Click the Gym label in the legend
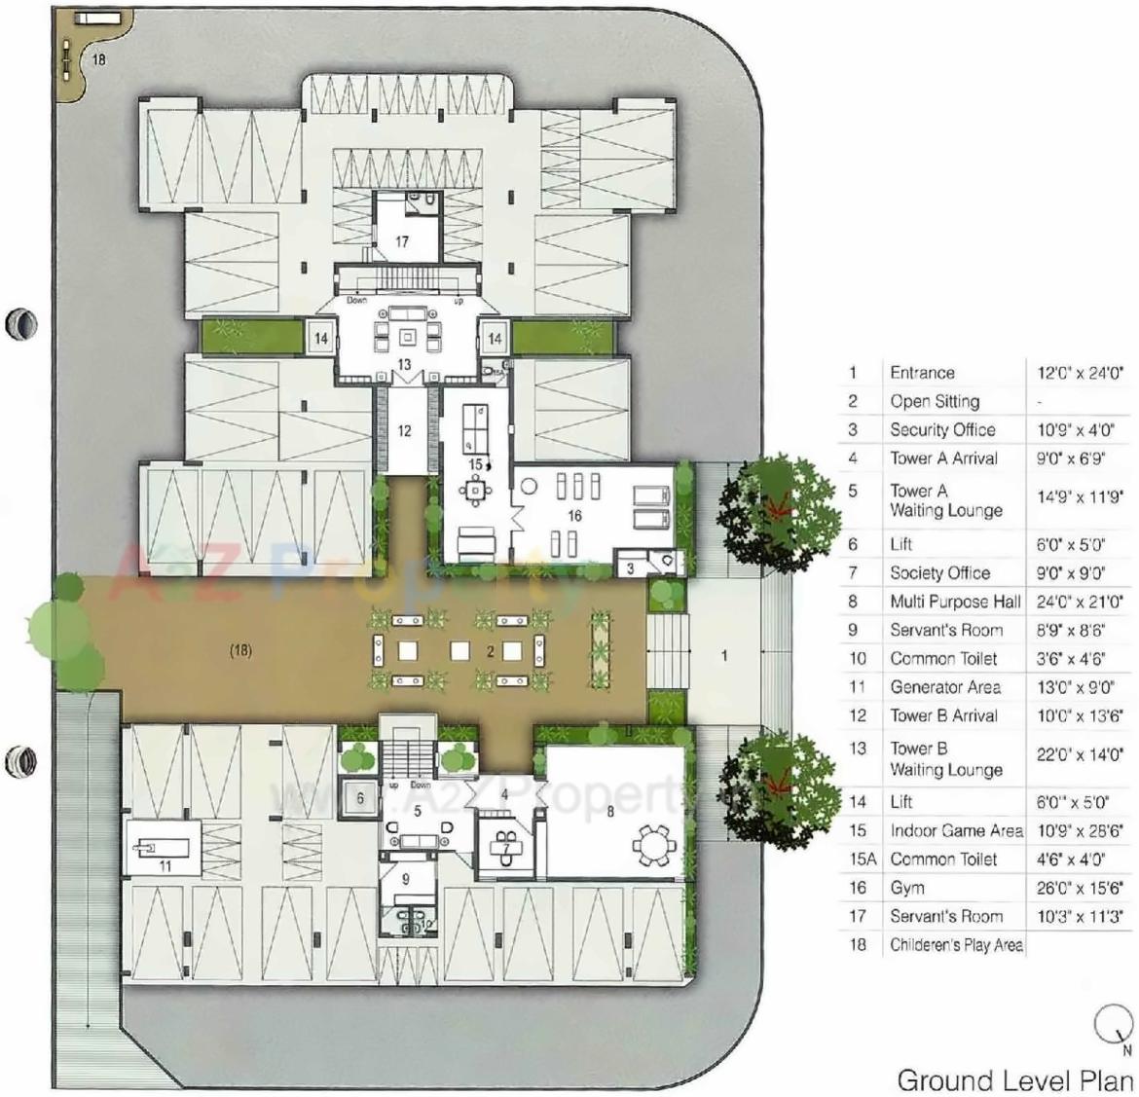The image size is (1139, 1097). coord(907,888)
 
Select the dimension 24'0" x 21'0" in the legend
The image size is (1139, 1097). coord(1080,602)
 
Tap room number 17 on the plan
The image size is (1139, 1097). coord(402,241)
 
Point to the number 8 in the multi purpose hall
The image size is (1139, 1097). coord(610,811)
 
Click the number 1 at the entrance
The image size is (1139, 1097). coord(723,655)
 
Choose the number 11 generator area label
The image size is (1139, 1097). coord(165,864)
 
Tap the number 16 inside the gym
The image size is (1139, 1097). coord(574,515)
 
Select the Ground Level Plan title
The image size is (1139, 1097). coord(1015,1079)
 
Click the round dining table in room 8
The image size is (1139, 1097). coord(651,843)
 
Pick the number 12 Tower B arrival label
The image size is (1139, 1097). coord(405,430)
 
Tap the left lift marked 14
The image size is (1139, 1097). coord(320,339)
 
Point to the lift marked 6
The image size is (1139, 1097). coord(360,798)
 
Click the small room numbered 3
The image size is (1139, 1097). coord(631,568)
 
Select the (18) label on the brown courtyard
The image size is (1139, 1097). coord(240,650)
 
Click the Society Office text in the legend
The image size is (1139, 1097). coord(939,572)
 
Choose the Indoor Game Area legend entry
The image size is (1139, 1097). coord(956,830)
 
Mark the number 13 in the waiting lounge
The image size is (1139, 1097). coord(404,364)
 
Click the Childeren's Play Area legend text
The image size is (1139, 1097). coord(956,944)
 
